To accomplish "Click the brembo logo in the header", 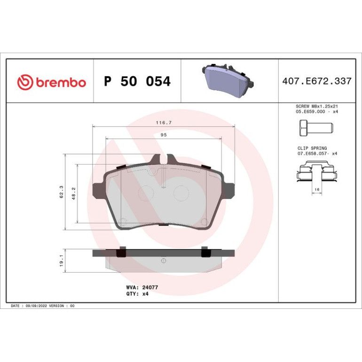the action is [52, 82].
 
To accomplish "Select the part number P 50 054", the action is [137, 81].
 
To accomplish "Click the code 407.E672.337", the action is [317, 81].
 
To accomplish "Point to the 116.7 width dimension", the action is [164, 123].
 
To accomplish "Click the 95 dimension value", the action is [164, 135].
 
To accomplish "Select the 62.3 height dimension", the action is [62, 192].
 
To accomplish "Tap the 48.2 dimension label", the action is [74, 194].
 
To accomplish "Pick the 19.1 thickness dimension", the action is [62, 260].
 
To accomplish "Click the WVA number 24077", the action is [150, 287].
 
